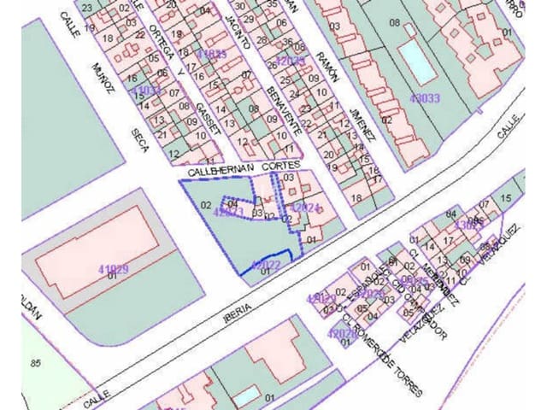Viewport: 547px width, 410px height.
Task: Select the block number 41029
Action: click(112, 269)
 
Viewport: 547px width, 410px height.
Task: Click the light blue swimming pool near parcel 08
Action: click(415, 59)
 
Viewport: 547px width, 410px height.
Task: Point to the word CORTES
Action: click(282, 167)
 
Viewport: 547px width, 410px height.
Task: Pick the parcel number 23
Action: click(87, 7)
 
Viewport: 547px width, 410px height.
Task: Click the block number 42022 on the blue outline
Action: click(266, 266)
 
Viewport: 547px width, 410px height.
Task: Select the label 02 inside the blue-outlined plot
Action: click(206, 205)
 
